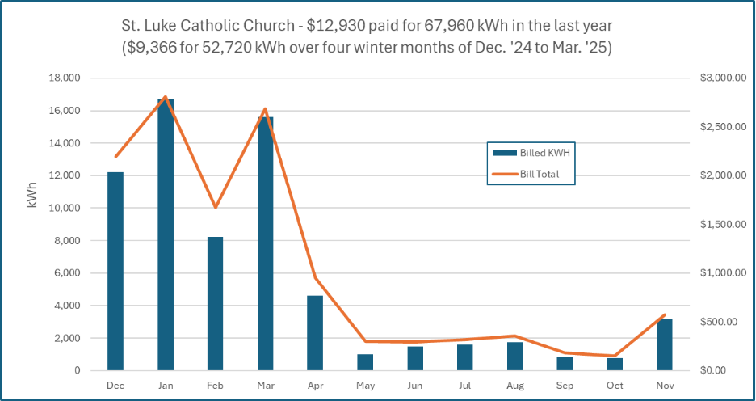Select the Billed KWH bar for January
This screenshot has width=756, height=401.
(166, 234)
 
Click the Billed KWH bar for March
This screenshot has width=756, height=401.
(266, 243)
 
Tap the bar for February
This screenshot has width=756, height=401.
(216, 303)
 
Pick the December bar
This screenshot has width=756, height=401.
(115, 271)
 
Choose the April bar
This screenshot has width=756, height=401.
(316, 332)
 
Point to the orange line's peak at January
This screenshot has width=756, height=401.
(166, 97)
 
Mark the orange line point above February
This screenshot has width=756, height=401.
(216, 208)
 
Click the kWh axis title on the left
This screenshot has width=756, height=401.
(32, 196)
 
